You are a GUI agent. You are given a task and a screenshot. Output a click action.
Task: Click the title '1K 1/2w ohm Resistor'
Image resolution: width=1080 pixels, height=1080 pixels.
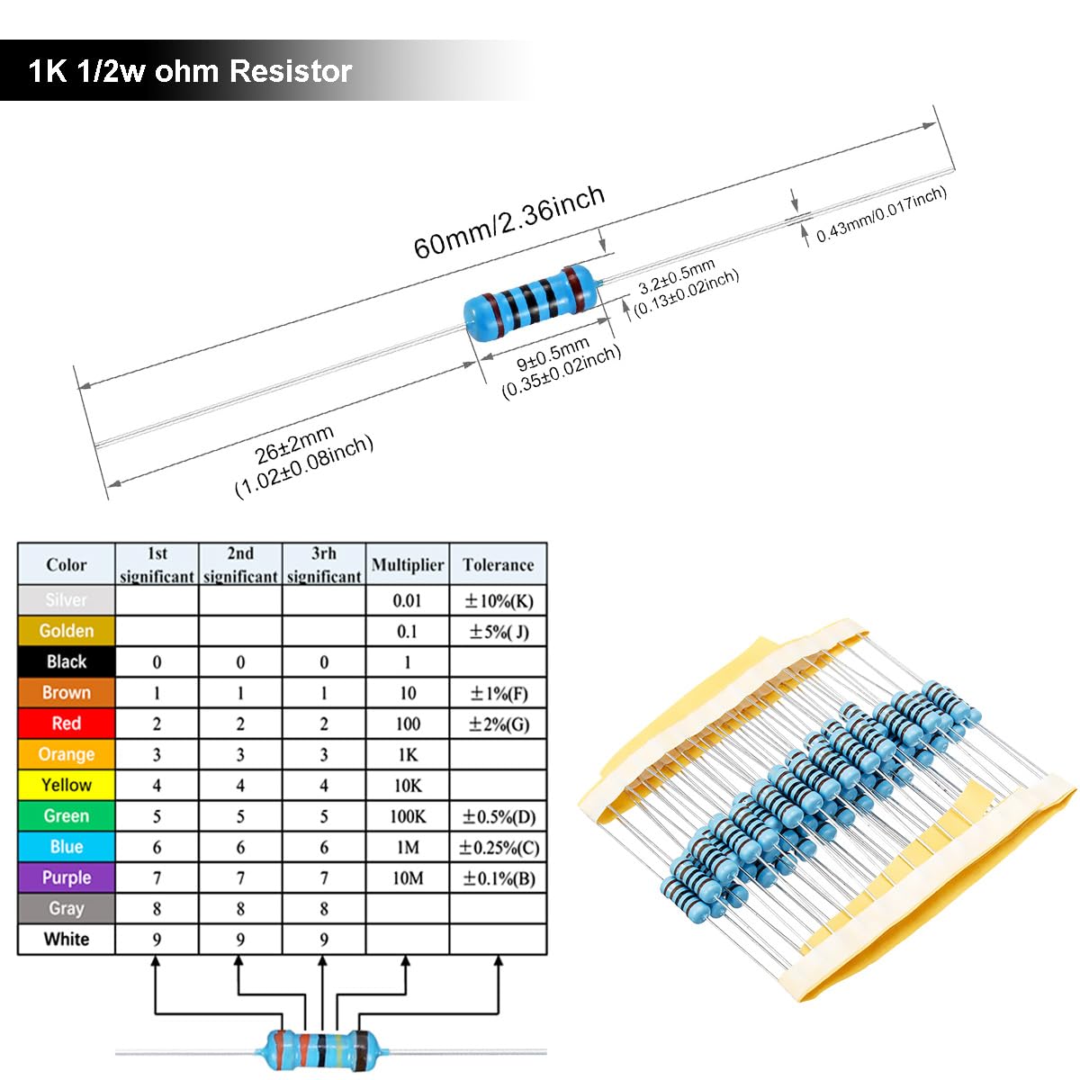[190, 71]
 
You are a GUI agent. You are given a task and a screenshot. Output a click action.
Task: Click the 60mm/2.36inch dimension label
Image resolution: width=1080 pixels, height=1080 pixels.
[508, 221]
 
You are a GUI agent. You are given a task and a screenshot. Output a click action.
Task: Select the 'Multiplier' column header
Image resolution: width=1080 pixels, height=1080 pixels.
[408, 564]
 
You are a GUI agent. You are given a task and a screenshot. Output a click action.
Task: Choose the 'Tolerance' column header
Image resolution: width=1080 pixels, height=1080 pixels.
[498, 564]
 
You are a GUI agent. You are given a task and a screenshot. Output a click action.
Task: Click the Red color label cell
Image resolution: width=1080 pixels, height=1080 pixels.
[67, 724]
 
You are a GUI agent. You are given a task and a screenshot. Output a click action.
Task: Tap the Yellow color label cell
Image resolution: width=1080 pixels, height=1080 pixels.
[67, 785]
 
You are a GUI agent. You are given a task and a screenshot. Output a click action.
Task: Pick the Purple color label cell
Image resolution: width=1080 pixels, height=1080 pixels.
[67, 877]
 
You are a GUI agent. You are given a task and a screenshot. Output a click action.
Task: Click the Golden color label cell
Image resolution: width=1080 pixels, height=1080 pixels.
[67, 631]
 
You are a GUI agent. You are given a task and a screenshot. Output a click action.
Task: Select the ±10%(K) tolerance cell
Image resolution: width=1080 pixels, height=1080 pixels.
[498, 600]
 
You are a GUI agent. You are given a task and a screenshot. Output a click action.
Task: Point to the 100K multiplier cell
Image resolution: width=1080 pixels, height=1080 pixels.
[408, 816]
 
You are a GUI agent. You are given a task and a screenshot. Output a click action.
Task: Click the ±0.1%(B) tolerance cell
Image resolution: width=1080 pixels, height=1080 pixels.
[498, 877]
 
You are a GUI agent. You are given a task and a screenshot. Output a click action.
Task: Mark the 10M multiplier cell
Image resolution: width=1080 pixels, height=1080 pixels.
[408, 877]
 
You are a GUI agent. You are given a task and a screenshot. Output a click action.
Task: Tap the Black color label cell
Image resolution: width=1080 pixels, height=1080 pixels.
[67, 661]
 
